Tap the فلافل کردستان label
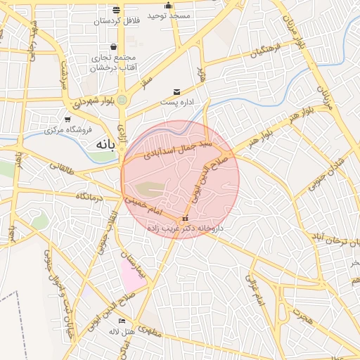click(117, 21)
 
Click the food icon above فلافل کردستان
click(117, 10)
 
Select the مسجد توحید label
click(169, 15)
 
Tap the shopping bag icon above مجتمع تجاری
click(113, 47)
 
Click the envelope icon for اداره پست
click(176, 92)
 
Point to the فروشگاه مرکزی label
click(69, 130)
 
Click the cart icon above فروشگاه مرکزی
click(67, 120)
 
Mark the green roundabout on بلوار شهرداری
click(123, 101)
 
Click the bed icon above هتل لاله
click(122, 321)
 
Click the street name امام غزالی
click(255, 290)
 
